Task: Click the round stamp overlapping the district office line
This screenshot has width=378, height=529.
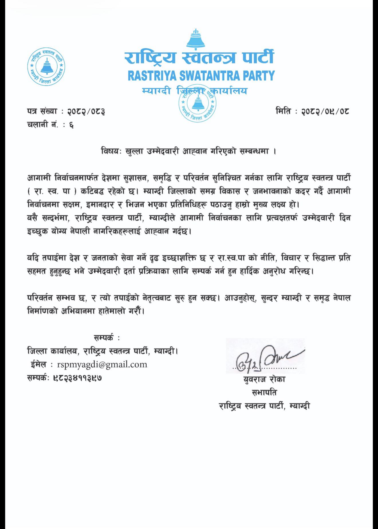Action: [197, 103]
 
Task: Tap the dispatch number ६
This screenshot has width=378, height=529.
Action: [71, 125]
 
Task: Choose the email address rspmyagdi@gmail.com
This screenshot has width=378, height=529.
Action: [102, 364]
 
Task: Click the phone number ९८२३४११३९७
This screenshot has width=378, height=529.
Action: [78, 378]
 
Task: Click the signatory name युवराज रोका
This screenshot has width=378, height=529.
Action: [264, 379]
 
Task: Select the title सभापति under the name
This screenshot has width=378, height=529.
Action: [264, 393]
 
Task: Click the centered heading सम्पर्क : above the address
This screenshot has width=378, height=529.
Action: [107, 338]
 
